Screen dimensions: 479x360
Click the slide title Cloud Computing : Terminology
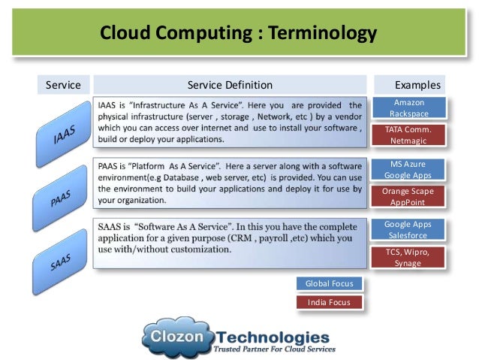pos(239,33)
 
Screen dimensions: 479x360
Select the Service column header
pos(63,85)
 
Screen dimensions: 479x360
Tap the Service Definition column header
pos(230,85)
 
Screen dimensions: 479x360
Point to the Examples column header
pos(417,85)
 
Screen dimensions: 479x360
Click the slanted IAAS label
pos(63,135)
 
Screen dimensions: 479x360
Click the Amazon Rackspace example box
pos(408,107)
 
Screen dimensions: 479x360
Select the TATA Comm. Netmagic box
pos(408,135)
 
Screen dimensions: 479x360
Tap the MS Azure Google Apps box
pos(408,169)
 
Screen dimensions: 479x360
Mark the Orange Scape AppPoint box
pos(408,197)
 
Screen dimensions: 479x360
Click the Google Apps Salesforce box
pos(408,230)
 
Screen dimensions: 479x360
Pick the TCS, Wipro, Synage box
pos(408,258)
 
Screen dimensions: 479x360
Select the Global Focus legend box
pos(329,283)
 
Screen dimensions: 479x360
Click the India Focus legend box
pos(329,302)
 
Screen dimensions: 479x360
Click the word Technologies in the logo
pos(272,336)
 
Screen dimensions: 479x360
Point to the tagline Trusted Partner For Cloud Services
pos(274,349)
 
